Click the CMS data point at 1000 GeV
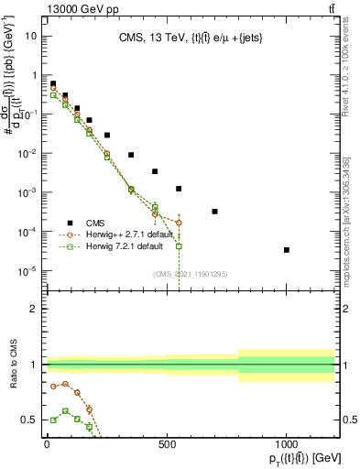[287, 249]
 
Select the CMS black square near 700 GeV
[214, 212]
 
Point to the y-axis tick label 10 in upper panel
[31, 37]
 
